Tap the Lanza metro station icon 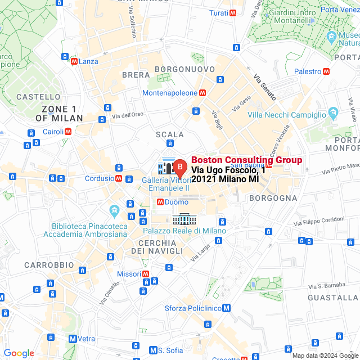click(74, 61)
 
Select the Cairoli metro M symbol click(68, 132)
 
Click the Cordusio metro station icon click(119, 178)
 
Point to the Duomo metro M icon click(160, 201)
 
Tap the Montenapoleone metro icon click(202, 93)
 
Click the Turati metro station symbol click(232, 12)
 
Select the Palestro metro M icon click(326, 71)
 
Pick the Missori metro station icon click(146, 274)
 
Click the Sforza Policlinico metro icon click(226, 308)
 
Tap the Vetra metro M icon click(73, 339)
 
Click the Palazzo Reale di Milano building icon click(184, 218)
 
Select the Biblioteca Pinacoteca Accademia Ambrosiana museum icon click(115, 210)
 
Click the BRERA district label click(136, 75)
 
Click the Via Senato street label click(264, 87)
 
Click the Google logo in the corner click(19, 353)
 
